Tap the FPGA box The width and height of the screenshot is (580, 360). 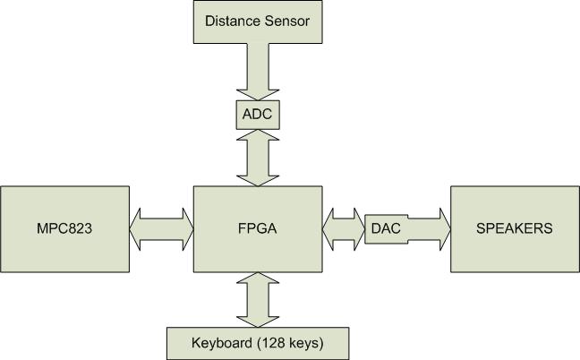point(258,229)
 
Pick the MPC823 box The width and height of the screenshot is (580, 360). point(64,229)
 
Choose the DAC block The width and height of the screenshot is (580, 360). point(385,229)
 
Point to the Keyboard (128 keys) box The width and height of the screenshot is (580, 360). point(257,343)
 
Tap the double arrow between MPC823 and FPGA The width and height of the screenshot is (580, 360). point(161,229)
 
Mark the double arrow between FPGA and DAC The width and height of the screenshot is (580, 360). point(343,229)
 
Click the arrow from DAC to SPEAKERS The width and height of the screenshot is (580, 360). point(428,229)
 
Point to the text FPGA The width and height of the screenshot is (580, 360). point(258,228)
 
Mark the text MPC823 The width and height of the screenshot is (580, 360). point(64,228)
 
